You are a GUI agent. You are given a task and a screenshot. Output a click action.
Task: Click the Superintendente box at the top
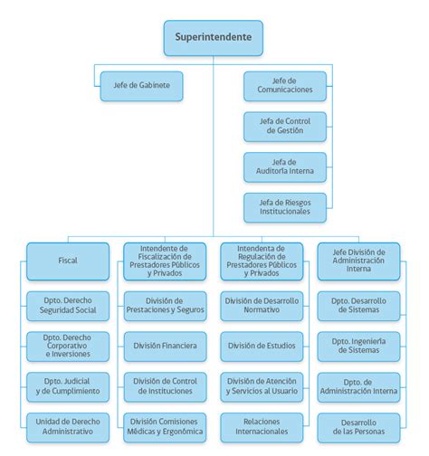click(214, 38)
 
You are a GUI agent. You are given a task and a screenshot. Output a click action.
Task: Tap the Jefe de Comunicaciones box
click(284, 86)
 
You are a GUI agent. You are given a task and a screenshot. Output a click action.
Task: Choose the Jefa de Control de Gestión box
click(284, 126)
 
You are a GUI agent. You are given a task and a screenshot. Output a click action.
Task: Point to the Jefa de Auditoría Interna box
click(284, 166)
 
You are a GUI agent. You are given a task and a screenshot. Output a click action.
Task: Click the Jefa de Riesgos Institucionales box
click(284, 207)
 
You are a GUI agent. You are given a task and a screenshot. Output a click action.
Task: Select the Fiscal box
click(68, 260)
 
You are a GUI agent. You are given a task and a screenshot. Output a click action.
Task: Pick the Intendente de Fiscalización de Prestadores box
click(165, 260)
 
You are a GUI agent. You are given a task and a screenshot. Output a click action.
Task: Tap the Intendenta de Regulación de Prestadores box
click(262, 260)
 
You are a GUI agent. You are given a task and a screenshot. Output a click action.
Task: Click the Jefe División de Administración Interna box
click(358, 260)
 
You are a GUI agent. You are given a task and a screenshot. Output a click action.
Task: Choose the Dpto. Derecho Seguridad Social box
click(68, 306)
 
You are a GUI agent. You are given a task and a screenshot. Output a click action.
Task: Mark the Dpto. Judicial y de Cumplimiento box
click(68, 385)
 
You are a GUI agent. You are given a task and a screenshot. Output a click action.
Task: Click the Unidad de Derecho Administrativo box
click(68, 426)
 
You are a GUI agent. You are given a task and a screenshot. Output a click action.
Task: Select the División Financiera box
click(165, 346)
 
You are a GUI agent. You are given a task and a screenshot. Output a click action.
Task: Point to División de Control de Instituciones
click(165, 385)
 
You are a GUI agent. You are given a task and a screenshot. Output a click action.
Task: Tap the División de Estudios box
click(262, 346)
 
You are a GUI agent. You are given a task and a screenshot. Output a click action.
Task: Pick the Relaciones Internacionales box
click(262, 426)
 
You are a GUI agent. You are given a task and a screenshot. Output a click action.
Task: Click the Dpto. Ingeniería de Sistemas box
click(358, 346)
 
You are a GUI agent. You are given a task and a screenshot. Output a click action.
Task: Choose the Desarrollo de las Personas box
click(358, 426)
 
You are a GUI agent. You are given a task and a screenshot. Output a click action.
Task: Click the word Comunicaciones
click(284, 90)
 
